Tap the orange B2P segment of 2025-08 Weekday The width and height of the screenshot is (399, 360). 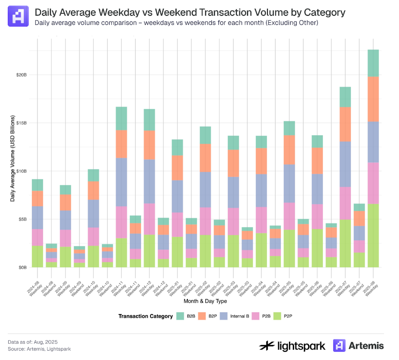coord(373,99)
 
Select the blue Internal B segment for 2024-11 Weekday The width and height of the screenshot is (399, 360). coord(122,182)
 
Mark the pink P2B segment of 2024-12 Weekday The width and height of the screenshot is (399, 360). coord(149,219)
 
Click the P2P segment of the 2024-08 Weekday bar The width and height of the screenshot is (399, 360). coord(38,256)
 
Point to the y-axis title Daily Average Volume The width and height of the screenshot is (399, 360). coord(13,159)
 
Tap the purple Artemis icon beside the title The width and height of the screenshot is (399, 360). coord(18,16)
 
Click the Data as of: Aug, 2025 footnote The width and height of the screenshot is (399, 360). coord(33,342)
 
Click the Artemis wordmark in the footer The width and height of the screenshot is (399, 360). coord(366,345)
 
